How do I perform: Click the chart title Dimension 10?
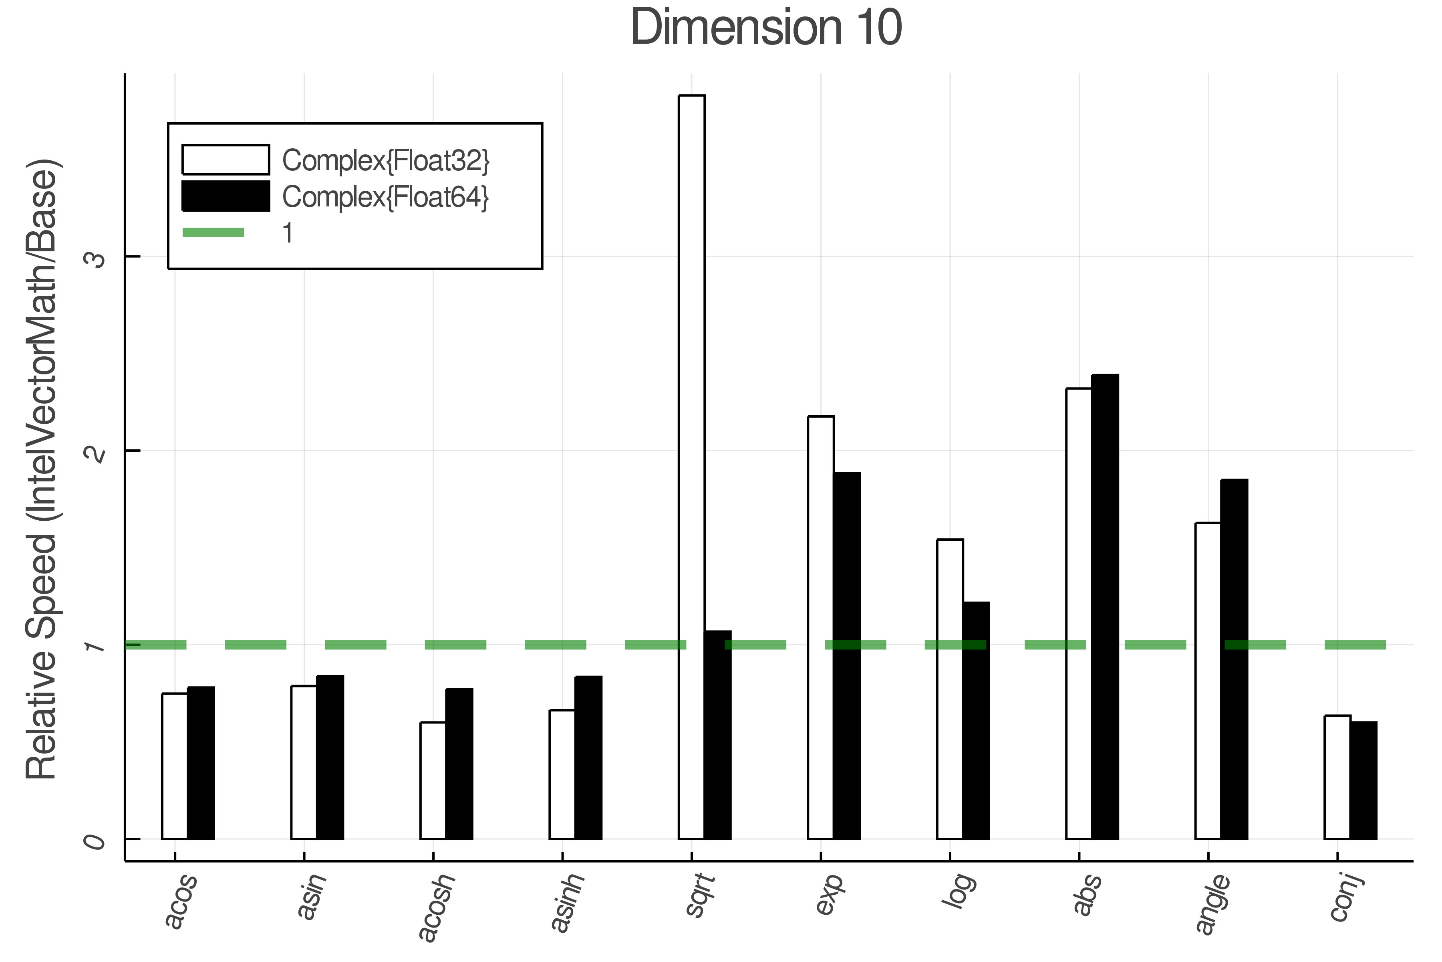[x=766, y=28]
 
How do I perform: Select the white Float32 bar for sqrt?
[x=692, y=466]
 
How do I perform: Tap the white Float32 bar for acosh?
[x=433, y=780]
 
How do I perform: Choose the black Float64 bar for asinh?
[x=588, y=757]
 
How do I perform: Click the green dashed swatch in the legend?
[x=213, y=232]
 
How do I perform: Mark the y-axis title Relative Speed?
[x=42, y=469]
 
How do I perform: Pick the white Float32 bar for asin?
[x=304, y=762]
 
